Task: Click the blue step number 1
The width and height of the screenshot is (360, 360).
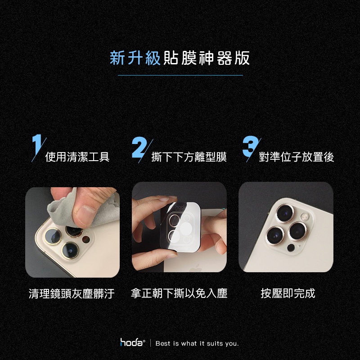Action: tap(37, 144)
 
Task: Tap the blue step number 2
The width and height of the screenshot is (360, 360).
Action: tap(140, 147)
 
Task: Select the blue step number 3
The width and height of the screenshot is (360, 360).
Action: tap(250, 146)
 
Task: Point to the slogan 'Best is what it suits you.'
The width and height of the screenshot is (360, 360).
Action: tap(197, 343)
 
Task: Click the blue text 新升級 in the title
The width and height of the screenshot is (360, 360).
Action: tap(135, 58)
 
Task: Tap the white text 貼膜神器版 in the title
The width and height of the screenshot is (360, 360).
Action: tap(207, 58)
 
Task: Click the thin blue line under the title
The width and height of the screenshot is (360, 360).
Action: tap(180, 75)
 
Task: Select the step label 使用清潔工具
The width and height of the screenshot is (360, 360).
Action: tap(77, 157)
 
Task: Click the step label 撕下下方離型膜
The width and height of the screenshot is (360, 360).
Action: tap(189, 157)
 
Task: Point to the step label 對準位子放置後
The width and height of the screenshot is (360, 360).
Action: tap(296, 157)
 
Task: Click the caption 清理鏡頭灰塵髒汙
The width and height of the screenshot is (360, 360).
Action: tap(72, 294)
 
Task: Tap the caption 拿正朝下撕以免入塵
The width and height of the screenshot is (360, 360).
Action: tap(179, 293)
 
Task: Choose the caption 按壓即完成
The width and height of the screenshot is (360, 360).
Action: tap(288, 293)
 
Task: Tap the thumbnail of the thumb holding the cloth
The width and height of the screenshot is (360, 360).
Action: tap(85, 212)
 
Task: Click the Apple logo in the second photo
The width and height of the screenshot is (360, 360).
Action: tap(195, 268)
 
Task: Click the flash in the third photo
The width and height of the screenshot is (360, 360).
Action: tap(304, 216)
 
